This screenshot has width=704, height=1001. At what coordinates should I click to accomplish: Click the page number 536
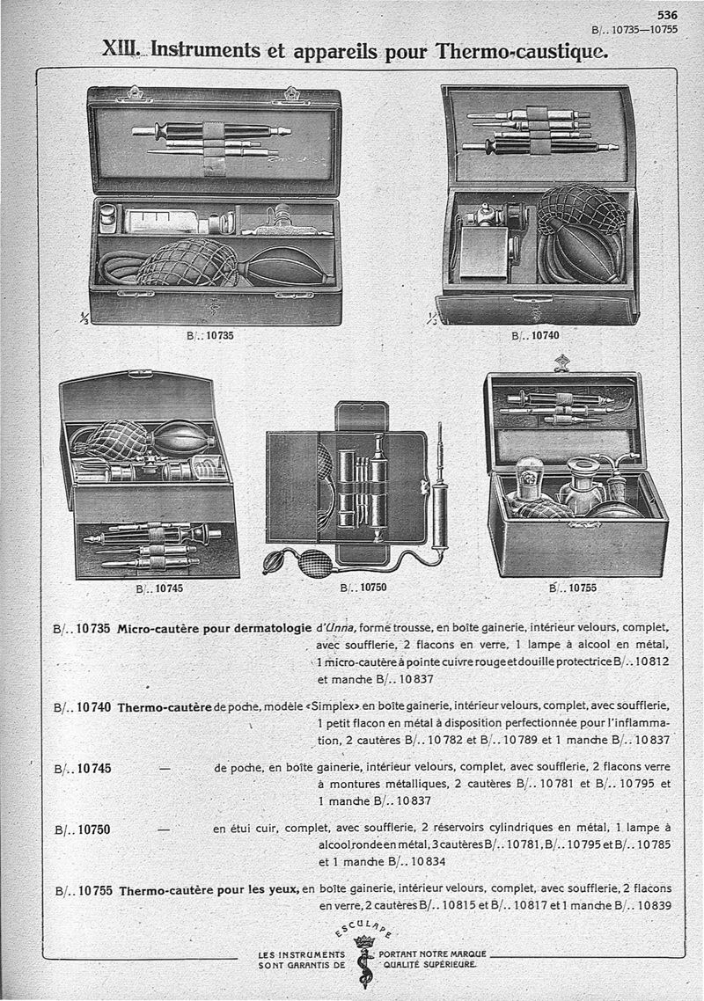click(666, 15)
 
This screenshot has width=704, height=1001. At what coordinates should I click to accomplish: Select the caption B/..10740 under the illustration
click(536, 335)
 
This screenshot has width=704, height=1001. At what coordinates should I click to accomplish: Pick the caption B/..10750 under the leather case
click(363, 588)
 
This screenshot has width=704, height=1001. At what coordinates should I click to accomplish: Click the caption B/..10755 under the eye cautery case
click(572, 588)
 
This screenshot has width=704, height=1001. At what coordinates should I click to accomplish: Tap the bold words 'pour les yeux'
click(256, 889)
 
